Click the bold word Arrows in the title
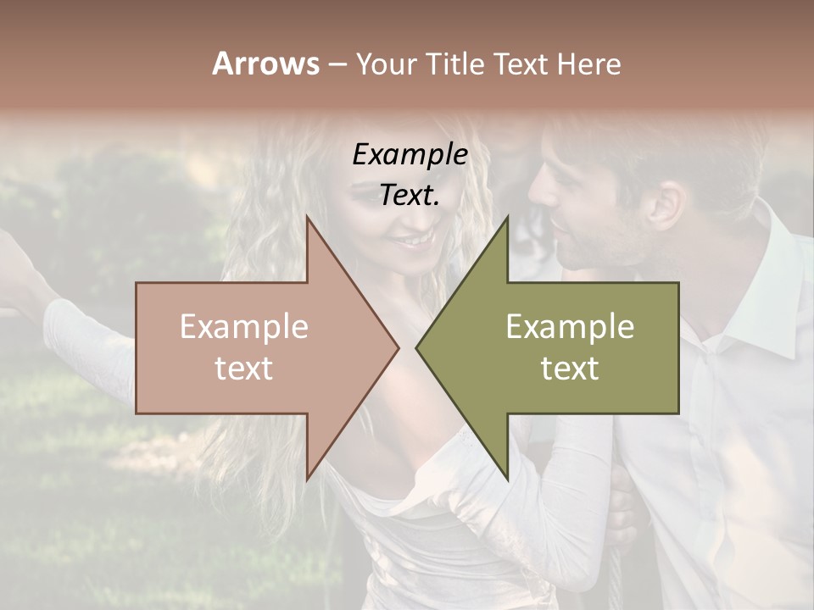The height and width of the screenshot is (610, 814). (265, 64)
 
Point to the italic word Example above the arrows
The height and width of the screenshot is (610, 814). (410, 155)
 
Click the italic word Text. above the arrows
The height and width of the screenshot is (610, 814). (410, 196)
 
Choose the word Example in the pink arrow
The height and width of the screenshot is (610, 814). (243, 327)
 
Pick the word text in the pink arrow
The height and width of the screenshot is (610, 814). (243, 369)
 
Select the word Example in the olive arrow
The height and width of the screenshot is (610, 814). (570, 327)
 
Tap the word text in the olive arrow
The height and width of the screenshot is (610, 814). (570, 369)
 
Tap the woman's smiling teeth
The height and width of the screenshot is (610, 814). (415, 241)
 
